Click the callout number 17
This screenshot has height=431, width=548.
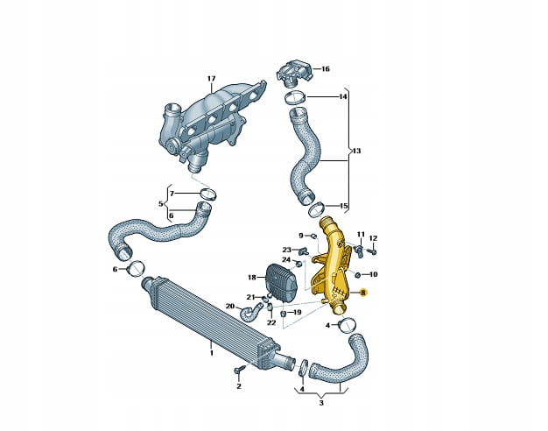coord(212,79)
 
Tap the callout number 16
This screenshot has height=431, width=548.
coord(326,69)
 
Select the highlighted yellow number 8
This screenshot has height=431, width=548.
coord(363,293)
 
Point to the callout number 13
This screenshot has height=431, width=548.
coord(356,152)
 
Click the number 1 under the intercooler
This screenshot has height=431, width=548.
coord(212,353)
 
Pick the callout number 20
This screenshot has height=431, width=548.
coord(230,307)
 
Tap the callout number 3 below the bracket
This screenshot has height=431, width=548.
coord(321,403)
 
